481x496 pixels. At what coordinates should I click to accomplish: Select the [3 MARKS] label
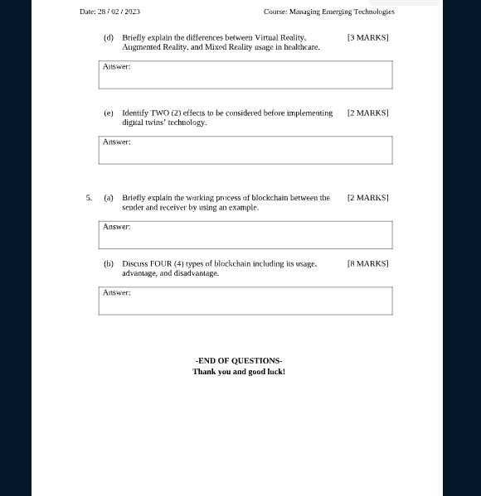tap(367, 37)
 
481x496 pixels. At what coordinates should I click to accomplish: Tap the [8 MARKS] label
tap(367, 263)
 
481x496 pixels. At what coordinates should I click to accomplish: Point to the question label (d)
tap(109, 37)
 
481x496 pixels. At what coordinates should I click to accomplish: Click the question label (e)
tap(109, 113)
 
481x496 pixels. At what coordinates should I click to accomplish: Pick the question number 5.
tap(89, 198)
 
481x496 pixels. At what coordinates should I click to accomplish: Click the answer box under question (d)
tap(245, 75)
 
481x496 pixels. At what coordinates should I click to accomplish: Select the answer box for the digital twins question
tap(245, 150)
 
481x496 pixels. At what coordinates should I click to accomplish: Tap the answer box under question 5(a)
tap(245, 234)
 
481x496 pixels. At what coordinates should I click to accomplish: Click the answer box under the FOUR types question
tap(245, 301)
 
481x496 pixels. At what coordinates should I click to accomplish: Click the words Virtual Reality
tap(280, 37)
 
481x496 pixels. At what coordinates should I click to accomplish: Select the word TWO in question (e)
tap(160, 113)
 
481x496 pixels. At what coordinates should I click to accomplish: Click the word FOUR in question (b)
tap(160, 263)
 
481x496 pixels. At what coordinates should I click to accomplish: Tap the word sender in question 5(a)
tap(134, 208)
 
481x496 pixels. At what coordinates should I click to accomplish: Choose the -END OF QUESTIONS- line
tap(239, 360)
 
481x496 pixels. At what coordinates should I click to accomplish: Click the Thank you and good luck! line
tap(239, 372)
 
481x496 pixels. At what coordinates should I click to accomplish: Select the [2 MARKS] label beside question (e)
tap(367, 113)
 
